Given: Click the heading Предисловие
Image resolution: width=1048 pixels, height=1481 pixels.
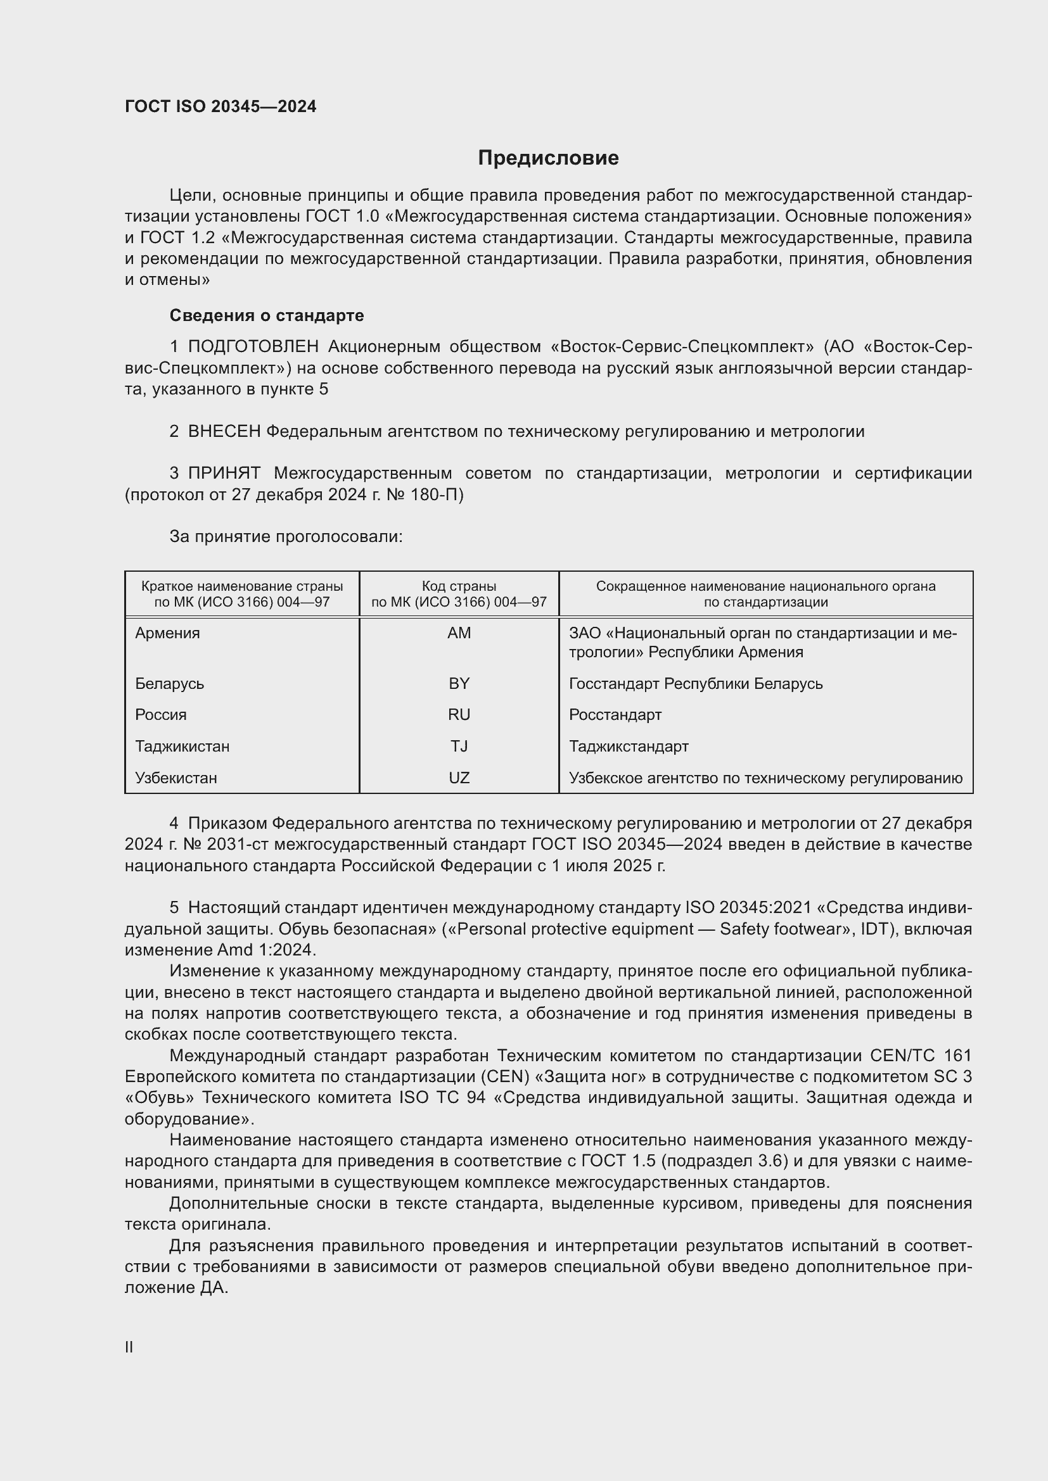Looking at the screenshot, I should click(548, 158).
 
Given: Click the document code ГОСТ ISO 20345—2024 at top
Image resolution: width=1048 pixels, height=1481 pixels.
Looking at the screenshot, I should click(220, 106).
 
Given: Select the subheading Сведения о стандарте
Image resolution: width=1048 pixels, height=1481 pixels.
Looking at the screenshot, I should click(267, 315).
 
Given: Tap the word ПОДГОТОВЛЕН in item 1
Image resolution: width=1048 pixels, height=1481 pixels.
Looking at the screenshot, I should click(253, 347).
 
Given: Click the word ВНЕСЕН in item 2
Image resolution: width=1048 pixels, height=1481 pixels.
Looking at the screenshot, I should click(224, 432).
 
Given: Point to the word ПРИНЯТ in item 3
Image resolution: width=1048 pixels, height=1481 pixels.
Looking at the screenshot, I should click(224, 474).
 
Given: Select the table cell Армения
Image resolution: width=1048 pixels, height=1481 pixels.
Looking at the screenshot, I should click(168, 633).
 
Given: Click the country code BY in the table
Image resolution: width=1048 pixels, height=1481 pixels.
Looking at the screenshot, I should click(459, 684).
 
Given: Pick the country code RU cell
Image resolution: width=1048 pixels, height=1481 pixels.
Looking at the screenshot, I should click(459, 715).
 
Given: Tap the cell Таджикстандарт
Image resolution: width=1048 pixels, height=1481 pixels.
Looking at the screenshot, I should click(629, 747).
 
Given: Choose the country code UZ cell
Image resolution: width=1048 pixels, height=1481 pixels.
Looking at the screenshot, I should click(459, 779).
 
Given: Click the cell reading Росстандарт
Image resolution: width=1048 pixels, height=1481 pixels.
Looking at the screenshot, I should click(615, 715).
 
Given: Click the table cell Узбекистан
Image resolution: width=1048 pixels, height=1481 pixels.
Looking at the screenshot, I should click(176, 779).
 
